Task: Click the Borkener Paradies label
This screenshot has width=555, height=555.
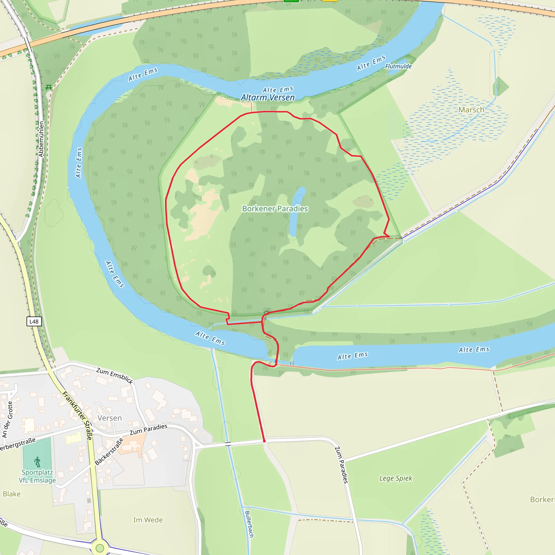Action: (x=275, y=209)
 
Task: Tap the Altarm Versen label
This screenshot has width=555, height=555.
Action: (x=268, y=98)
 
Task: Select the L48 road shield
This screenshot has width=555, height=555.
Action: (x=34, y=321)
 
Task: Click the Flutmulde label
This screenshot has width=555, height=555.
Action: (x=398, y=66)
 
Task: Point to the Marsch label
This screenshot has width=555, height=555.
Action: (x=471, y=110)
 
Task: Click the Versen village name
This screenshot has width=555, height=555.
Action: (x=109, y=418)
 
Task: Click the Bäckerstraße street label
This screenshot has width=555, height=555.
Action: (x=109, y=451)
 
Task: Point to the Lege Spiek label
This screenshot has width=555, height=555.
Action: (x=396, y=478)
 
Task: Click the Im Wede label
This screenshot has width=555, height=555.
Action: (x=148, y=520)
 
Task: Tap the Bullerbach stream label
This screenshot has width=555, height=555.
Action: (x=249, y=524)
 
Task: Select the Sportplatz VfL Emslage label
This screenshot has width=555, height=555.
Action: (x=37, y=476)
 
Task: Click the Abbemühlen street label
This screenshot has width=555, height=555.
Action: (x=41, y=139)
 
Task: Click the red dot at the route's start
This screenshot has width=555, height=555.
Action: (x=264, y=441)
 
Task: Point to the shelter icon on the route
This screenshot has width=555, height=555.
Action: (x=266, y=312)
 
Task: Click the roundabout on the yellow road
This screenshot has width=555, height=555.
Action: (x=100, y=548)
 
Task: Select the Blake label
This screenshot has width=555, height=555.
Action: (x=12, y=494)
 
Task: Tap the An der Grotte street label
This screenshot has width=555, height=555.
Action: (x=8, y=420)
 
